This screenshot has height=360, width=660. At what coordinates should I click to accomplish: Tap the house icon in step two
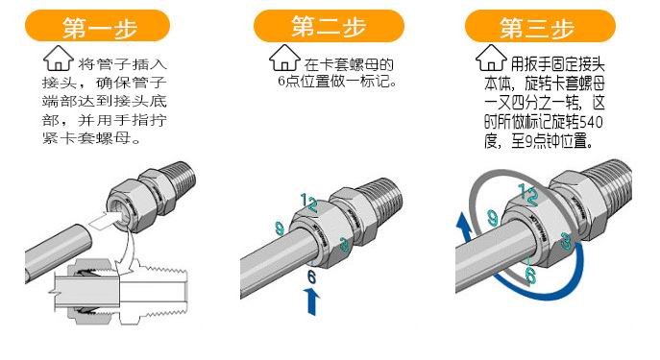pyautogui.click(x=284, y=66)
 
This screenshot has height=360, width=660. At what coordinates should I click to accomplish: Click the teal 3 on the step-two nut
pyautogui.click(x=344, y=246)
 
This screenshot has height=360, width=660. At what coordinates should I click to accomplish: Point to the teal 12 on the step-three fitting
pyautogui.click(x=525, y=192)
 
